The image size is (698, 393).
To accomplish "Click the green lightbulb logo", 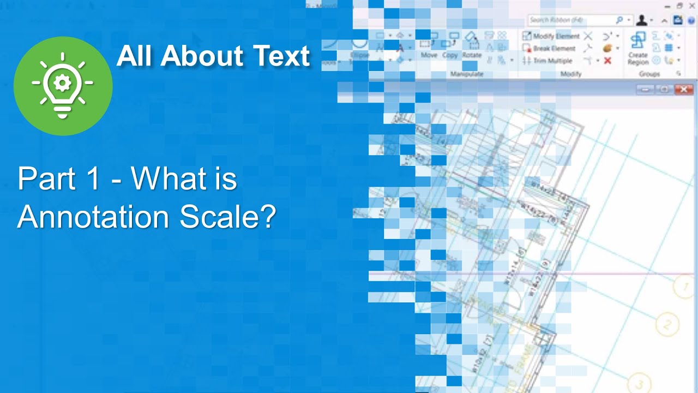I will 63,86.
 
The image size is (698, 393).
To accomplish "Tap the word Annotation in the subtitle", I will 93,217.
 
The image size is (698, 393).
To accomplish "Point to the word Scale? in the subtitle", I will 228,217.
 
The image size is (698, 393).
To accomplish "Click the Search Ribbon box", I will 573,20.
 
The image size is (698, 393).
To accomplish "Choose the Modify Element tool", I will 551,36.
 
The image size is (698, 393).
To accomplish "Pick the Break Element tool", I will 549,49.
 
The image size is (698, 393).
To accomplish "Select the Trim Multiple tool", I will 547,61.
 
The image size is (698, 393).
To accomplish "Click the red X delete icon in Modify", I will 607,61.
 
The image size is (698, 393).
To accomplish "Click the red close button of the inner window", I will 683,90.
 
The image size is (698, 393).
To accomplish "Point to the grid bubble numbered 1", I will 683,286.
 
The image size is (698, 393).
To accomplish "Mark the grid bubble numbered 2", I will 666,325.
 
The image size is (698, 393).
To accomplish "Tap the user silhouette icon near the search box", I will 642,20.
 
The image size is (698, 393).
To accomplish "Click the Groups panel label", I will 649,74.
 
